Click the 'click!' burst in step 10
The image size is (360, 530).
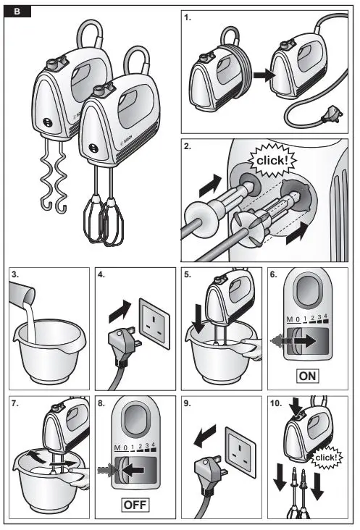click(327, 458)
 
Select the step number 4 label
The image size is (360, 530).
click(101, 275)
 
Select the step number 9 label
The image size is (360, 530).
click(187, 403)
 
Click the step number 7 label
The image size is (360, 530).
click(14, 403)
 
